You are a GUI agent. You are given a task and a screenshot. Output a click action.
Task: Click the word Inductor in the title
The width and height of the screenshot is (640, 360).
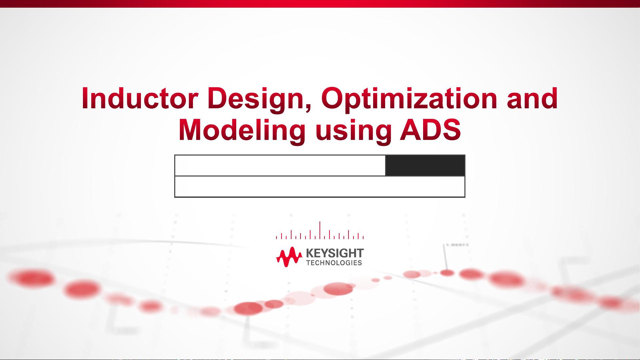140,99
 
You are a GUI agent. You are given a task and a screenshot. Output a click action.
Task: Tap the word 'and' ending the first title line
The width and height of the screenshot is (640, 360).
532,99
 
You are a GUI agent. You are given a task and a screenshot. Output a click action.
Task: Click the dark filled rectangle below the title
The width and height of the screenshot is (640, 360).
425,166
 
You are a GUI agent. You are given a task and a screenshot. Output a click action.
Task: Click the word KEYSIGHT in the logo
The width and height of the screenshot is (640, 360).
335,253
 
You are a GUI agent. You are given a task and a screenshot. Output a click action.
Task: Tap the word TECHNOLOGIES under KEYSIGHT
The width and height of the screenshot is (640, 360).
334,263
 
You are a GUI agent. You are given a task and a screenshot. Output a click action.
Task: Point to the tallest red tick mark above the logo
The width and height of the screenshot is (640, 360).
320,230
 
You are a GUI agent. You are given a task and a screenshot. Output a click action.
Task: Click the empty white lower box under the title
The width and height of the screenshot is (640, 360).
320,187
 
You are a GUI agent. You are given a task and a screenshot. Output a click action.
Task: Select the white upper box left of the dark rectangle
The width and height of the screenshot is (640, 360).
280,166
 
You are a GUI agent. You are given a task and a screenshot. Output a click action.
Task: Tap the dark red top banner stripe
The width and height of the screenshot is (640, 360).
320,4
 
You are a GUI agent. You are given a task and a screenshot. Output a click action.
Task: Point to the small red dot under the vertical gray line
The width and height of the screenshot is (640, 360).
447,273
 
